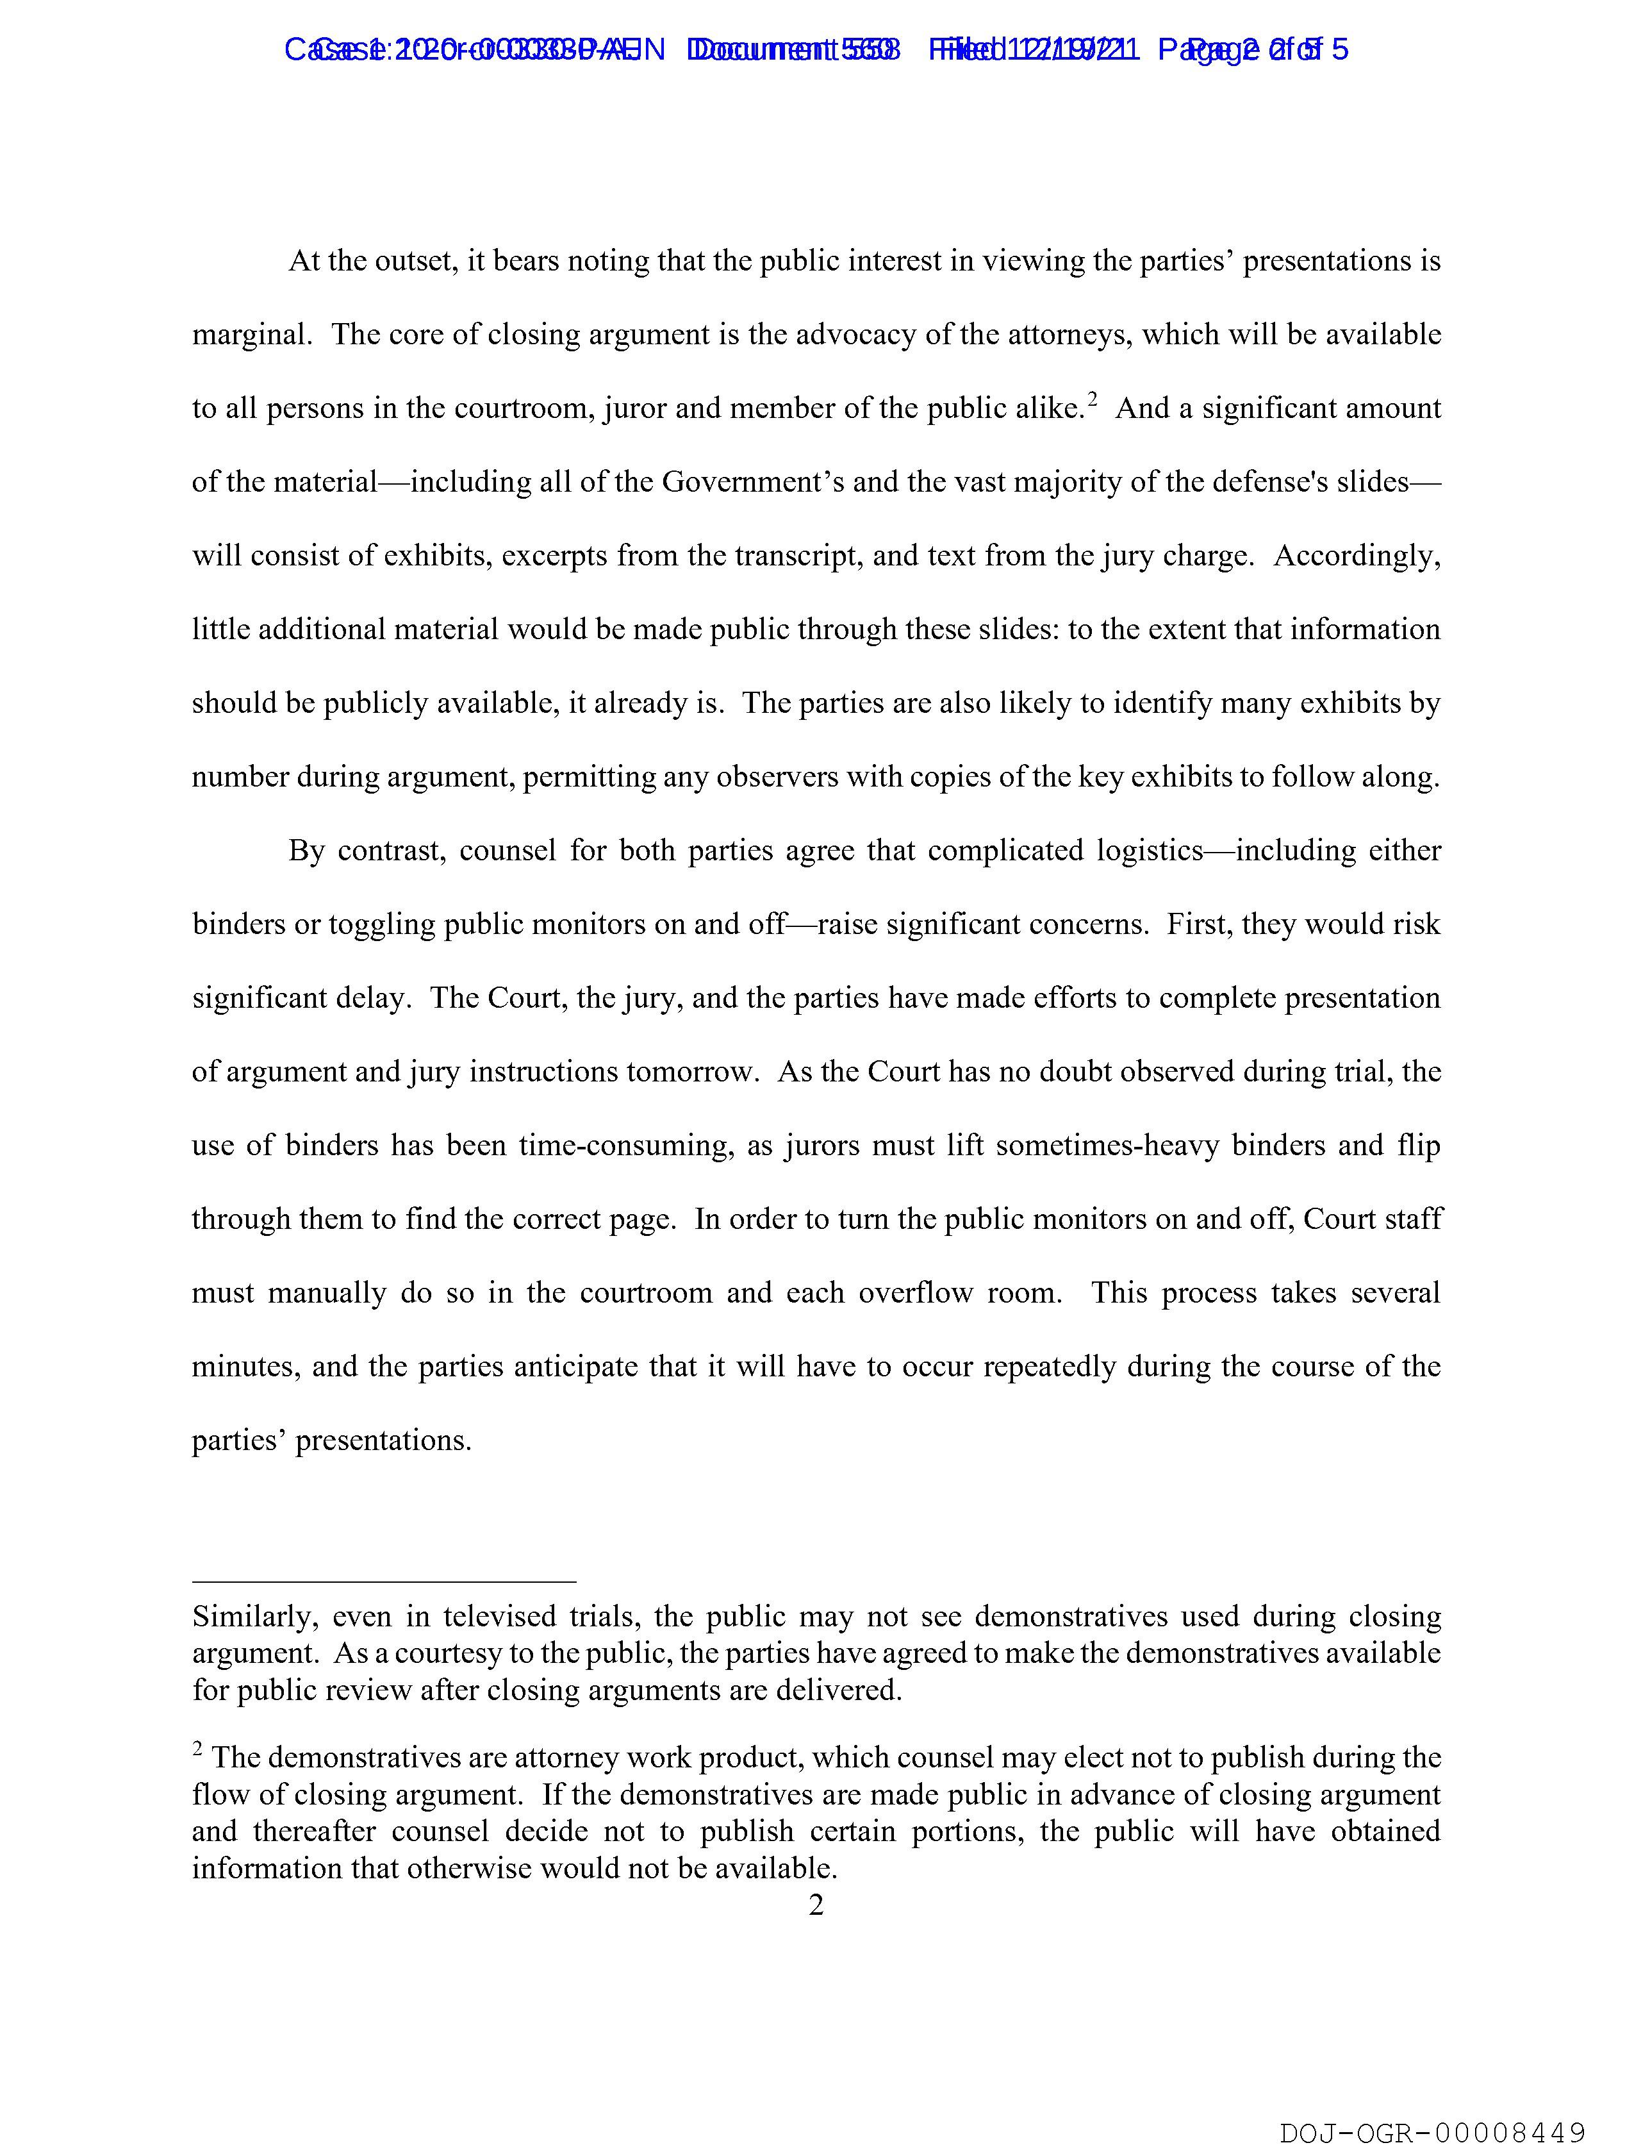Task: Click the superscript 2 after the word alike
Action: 1093,399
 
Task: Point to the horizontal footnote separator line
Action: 384,1582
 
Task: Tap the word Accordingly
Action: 1357,556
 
